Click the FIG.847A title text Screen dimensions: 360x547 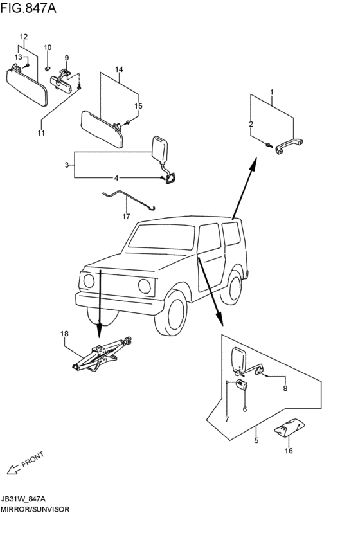point(28,8)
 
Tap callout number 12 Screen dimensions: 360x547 point(24,37)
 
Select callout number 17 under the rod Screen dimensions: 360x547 point(126,217)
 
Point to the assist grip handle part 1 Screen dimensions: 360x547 point(289,146)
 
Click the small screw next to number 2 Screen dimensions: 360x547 point(268,145)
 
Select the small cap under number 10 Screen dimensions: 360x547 point(48,68)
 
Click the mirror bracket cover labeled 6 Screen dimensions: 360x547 point(242,384)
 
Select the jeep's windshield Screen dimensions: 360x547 point(161,237)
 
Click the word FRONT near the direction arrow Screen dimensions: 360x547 point(33,459)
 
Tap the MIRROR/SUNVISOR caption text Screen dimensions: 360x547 point(35,509)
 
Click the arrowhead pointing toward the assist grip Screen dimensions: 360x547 point(253,163)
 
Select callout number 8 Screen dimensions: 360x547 point(285,388)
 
